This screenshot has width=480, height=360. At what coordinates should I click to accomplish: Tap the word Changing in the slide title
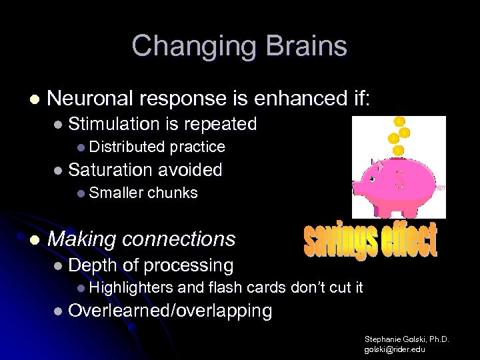pyautogui.click(x=193, y=47)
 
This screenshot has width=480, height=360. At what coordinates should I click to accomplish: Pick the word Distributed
pyautogui.click(x=127, y=147)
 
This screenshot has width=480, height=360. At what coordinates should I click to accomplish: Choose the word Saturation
pyautogui.click(x=111, y=170)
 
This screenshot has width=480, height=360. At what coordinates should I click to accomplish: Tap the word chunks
pyautogui.click(x=172, y=193)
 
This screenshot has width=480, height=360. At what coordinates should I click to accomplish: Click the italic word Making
pyautogui.click(x=81, y=239)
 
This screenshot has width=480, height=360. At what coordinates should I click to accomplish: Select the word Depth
pyautogui.click(x=93, y=265)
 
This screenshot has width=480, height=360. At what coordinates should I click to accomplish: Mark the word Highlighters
pyautogui.click(x=131, y=288)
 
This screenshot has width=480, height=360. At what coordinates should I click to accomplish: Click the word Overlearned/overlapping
pyautogui.click(x=170, y=311)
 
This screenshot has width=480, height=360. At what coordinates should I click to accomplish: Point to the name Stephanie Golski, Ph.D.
pyautogui.click(x=406, y=339)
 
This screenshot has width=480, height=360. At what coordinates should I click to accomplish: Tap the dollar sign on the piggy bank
pyautogui.click(x=401, y=178)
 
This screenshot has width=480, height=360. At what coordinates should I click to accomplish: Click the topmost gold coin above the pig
pyautogui.click(x=399, y=121)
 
